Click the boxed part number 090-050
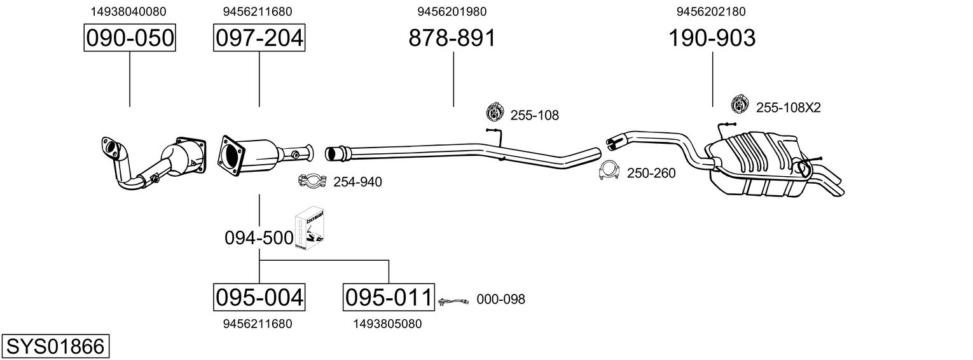coord(130,38)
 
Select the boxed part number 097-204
coord(259,38)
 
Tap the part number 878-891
coord(452,38)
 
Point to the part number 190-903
coord(712,38)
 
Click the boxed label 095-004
coord(259,297)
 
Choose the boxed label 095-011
coord(389,297)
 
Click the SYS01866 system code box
coord(55,347)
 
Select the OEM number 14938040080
coord(129,11)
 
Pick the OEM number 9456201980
coord(452,11)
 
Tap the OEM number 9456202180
coord(712,11)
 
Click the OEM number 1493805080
coord(387,324)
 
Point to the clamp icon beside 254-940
coord(312,181)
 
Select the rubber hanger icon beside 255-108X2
coord(740,107)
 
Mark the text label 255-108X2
coord(789,108)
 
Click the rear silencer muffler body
coord(757,162)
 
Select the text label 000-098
coord(500,300)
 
